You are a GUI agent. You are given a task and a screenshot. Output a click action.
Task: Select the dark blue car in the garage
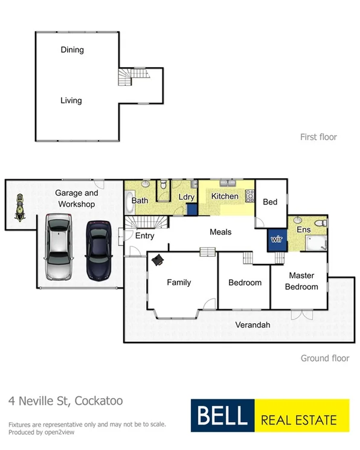[x=100, y=250]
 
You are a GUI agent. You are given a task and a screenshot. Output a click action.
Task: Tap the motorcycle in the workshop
[x=19, y=208]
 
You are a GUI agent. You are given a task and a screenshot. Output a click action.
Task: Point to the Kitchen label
[x=224, y=196]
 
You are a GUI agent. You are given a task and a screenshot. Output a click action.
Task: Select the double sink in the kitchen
[x=228, y=182]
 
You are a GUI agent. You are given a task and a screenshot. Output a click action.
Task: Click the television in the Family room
[x=158, y=259]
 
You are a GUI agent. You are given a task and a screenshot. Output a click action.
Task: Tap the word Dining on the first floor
[x=72, y=50]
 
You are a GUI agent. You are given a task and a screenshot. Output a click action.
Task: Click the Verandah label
[x=252, y=325]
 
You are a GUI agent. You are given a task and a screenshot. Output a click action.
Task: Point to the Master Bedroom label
[x=301, y=281]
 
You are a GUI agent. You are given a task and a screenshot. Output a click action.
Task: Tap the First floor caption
[x=318, y=137]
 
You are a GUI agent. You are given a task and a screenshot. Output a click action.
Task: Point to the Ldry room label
[x=186, y=198]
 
